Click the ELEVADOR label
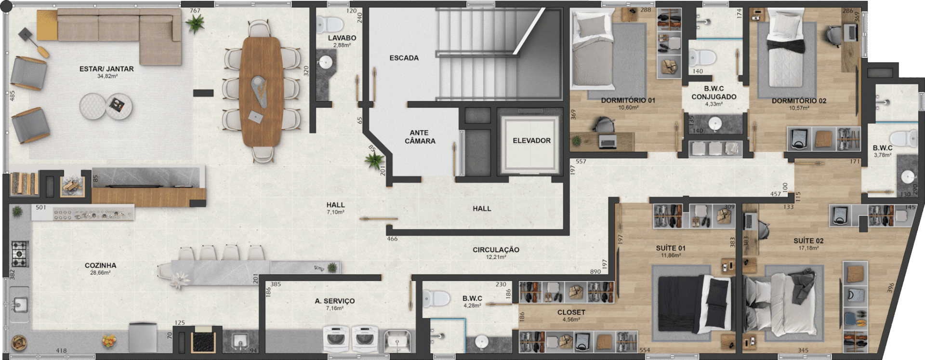pyautogui.click(x=531, y=141)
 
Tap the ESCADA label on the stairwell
pyautogui.click(x=404, y=58)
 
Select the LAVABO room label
pyautogui.click(x=342, y=38)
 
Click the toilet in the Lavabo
pyautogui.click(x=330, y=24)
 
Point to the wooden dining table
pyautogui.click(x=261, y=91)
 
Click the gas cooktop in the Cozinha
pyautogui.click(x=20, y=254)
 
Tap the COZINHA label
pyautogui.click(x=100, y=266)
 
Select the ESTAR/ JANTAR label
pyautogui.click(x=106, y=69)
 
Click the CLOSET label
pyautogui.click(x=571, y=312)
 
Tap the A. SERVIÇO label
pyautogui.click(x=335, y=301)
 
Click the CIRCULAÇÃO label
pyautogui.click(x=496, y=250)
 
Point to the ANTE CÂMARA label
pyautogui.click(x=420, y=137)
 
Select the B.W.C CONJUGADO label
pyautogui.click(x=714, y=93)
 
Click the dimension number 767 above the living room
pyautogui.click(x=195, y=11)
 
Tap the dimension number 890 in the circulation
pyautogui.click(x=595, y=272)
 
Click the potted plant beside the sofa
pyautogui.click(x=195, y=23)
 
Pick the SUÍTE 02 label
pyautogui.click(x=808, y=241)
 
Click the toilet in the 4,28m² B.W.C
pyautogui.click(x=436, y=299)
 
